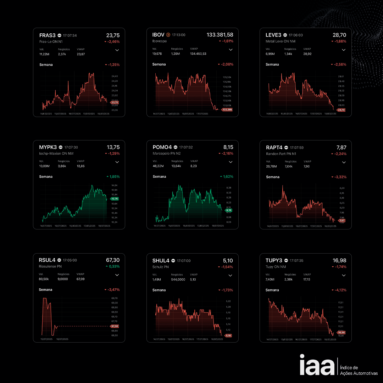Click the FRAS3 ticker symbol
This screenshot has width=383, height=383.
tap(48, 35)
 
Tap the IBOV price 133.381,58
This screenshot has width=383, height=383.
tap(220, 35)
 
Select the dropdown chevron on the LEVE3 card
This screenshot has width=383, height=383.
tap(343, 50)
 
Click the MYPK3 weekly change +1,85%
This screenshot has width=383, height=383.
tap(113, 177)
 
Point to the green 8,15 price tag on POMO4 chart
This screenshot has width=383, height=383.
tap(228, 210)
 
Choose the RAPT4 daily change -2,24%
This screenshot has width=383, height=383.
tap(339, 154)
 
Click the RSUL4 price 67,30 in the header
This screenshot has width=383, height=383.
tap(113, 260)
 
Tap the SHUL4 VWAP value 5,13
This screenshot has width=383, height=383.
tap(193, 279)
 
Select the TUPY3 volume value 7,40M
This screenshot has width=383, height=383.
tap(270, 279)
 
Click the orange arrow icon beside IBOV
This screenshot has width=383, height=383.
tap(168, 35)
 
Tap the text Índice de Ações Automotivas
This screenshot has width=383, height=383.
tap(359, 370)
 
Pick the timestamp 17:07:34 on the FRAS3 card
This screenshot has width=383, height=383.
tap(70, 35)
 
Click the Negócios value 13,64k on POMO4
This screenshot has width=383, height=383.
tap(176, 166)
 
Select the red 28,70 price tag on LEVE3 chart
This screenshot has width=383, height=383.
tap(341, 110)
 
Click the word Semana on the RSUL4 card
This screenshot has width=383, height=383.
tap(45, 290)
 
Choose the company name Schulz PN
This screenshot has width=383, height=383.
tap(161, 267)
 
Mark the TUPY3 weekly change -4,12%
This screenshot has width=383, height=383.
tap(339, 290)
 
